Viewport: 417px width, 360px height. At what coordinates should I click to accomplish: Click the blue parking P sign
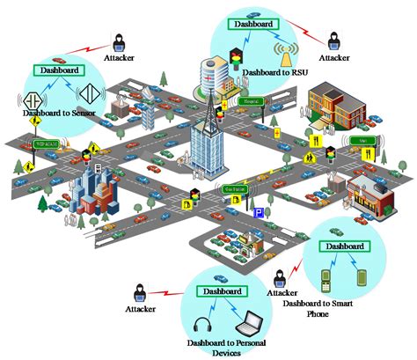tap(259, 212)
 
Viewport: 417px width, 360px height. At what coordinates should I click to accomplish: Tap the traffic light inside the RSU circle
tap(235, 59)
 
